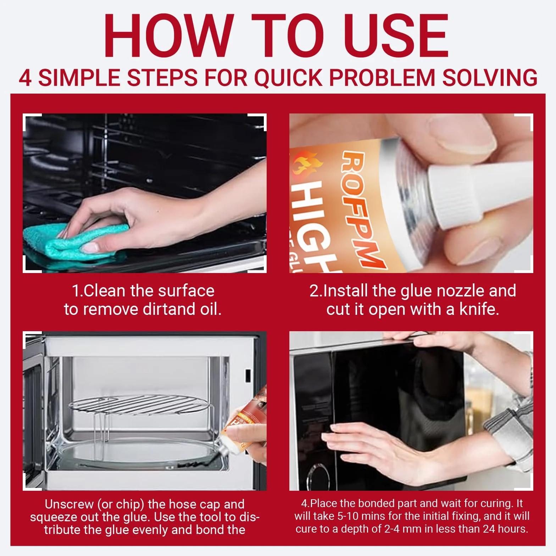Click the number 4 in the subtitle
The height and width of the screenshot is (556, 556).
(x=25, y=78)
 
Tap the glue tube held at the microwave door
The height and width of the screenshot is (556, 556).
(x=241, y=424)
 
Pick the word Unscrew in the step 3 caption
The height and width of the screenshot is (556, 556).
(x=69, y=504)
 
